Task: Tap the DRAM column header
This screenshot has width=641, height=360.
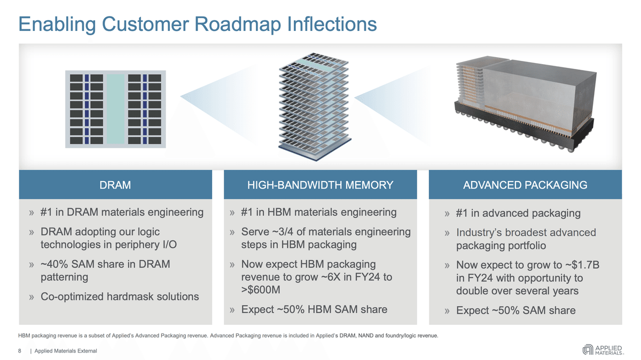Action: pos(115,185)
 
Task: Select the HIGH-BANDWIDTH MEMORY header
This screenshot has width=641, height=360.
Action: pos(320,185)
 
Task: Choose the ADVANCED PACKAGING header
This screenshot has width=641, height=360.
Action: pos(525,185)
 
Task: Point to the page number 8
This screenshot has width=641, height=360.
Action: pos(20,351)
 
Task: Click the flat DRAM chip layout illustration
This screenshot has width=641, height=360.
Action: pos(115,108)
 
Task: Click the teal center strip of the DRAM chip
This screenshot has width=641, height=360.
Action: pos(115,108)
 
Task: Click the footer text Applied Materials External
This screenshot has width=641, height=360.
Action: pos(66,351)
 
